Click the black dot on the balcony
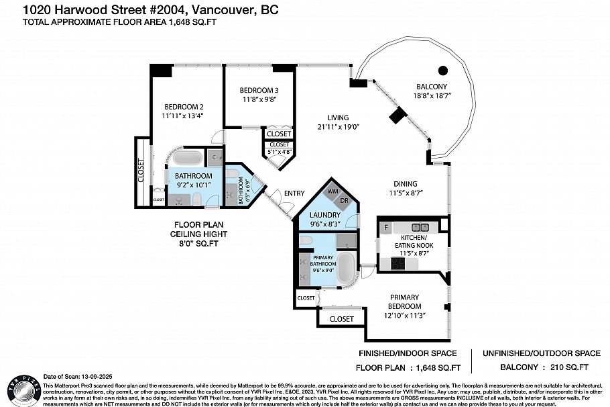pyautogui.click(x=442, y=70)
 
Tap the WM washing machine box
pyautogui.click(x=332, y=192)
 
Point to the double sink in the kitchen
pyautogui.click(x=420, y=227)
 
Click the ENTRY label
pyautogui.click(x=294, y=193)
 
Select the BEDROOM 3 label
pyautogui.click(x=259, y=91)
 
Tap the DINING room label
pyautogui.click(x=406, y=184)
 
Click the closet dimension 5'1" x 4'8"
pyautogui.click(x=280, y=152)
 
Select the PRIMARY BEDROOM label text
pyautogui.click(x=403, y=302)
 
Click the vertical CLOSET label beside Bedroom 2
pyautogui.click(x=141, y=172)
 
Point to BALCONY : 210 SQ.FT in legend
pyautogui.click(x=544, y=367)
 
